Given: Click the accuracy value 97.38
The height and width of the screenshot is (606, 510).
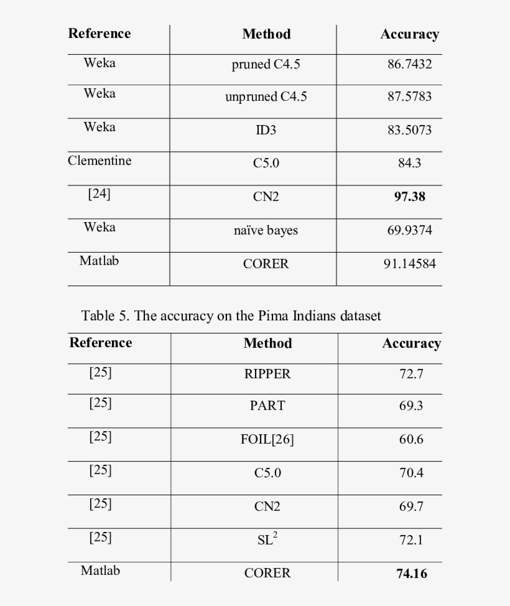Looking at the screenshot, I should tap(409, 197).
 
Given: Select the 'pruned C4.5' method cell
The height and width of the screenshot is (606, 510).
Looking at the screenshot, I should tap(266, 64).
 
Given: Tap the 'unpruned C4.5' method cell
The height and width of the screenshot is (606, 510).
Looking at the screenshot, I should tap(266, 97).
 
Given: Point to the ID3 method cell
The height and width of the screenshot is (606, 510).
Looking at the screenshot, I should tap(266, 130).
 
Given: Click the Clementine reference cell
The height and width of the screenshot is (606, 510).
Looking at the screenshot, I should tap(100, 161).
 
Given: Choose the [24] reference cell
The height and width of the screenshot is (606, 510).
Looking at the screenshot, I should tap(100, 193).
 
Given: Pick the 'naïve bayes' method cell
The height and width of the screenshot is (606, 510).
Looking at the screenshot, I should tap(266, 230).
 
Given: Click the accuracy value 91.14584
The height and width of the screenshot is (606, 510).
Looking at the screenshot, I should tap(409, 264).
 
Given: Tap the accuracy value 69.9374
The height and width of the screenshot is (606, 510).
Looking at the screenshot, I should tap(409, 230).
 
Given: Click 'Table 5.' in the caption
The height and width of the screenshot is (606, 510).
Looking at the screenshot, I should tap(106, 315).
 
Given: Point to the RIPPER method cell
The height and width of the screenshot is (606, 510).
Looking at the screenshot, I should tap(267, 374).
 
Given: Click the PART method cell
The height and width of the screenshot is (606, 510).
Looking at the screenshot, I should tap(267, 406).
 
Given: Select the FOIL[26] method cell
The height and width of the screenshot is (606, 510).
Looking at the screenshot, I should tap(267, 439).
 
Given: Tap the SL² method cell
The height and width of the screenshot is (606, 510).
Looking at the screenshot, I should tap(267, 539).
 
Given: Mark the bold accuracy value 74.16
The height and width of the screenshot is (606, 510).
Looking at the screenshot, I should tap(412, 574).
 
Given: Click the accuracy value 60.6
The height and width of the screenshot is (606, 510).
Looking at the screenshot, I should tap(411, 439).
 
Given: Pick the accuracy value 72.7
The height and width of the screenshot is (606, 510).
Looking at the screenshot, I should tap(411, 374).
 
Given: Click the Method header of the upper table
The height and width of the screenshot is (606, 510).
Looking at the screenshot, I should tap(266, 34).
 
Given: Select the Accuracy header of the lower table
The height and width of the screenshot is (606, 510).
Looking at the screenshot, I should tap(411, 343).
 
